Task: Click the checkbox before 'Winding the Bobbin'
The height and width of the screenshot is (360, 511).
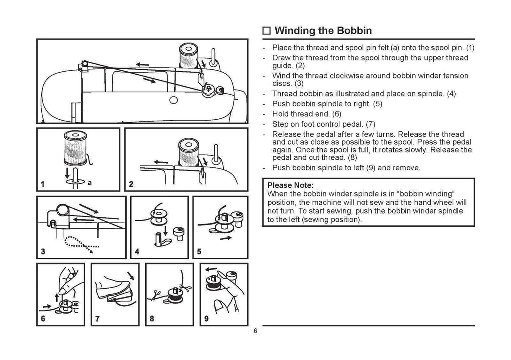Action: click(x=267, y=31)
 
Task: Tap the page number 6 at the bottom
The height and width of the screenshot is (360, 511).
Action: click(x=255, y=332)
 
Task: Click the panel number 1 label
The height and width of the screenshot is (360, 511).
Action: click(x=44, y=184)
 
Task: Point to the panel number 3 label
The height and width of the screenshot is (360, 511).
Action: click(x=43, y=252)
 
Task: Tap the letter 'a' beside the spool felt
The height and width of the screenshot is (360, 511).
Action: click(x=89, y=183)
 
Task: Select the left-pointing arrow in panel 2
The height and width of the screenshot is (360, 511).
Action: click(x=161, y=162)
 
